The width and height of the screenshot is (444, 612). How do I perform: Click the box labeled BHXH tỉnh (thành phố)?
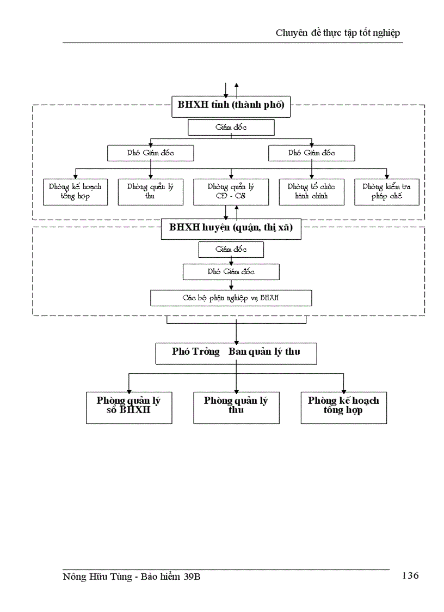pyautogui.click(x=231, y=106)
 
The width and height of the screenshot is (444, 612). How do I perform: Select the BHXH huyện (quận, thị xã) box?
pyautogui.click(x=231, y=228)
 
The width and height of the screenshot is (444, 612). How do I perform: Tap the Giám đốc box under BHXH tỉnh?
pyautogui.click(x=231, y=127)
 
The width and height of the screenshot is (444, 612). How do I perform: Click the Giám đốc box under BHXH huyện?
pyautogui.click(x=231, y=250)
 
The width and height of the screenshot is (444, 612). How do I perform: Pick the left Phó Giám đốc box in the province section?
pyautogui.click(x=150, y=153)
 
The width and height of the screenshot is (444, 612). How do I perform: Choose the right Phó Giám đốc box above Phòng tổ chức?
pyautogui.click(x=311, y=153)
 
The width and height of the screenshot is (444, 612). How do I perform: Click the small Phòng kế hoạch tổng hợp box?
pyautogui.click(x=75, y=192)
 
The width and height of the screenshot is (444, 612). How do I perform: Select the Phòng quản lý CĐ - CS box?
pyautogui.click(x=231, y=192)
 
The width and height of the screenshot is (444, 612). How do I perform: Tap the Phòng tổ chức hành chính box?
pyautogui.click(x=311, y=192)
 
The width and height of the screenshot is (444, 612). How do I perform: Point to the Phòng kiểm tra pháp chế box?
pyautogui.click(x=386, y=192)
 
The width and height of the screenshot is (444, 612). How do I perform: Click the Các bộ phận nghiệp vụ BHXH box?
pyautogui.click(x=231, y=298)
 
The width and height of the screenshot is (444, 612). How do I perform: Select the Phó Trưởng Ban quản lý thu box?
pyautogui.click(x=236, y=353)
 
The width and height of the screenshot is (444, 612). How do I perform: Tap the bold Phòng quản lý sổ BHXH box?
pyautogui.click(x=129, y=407)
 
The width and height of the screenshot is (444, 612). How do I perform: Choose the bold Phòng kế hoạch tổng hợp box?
pyautogui.click(x=343, y=407)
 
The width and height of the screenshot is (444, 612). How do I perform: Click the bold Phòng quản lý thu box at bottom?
pyautogui.click(x=236, y=407)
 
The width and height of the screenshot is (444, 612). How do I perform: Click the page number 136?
pyautogui.click(x=410, y=575)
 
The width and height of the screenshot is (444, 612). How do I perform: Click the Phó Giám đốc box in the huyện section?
pyautogui.click(x=231, y=271)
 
